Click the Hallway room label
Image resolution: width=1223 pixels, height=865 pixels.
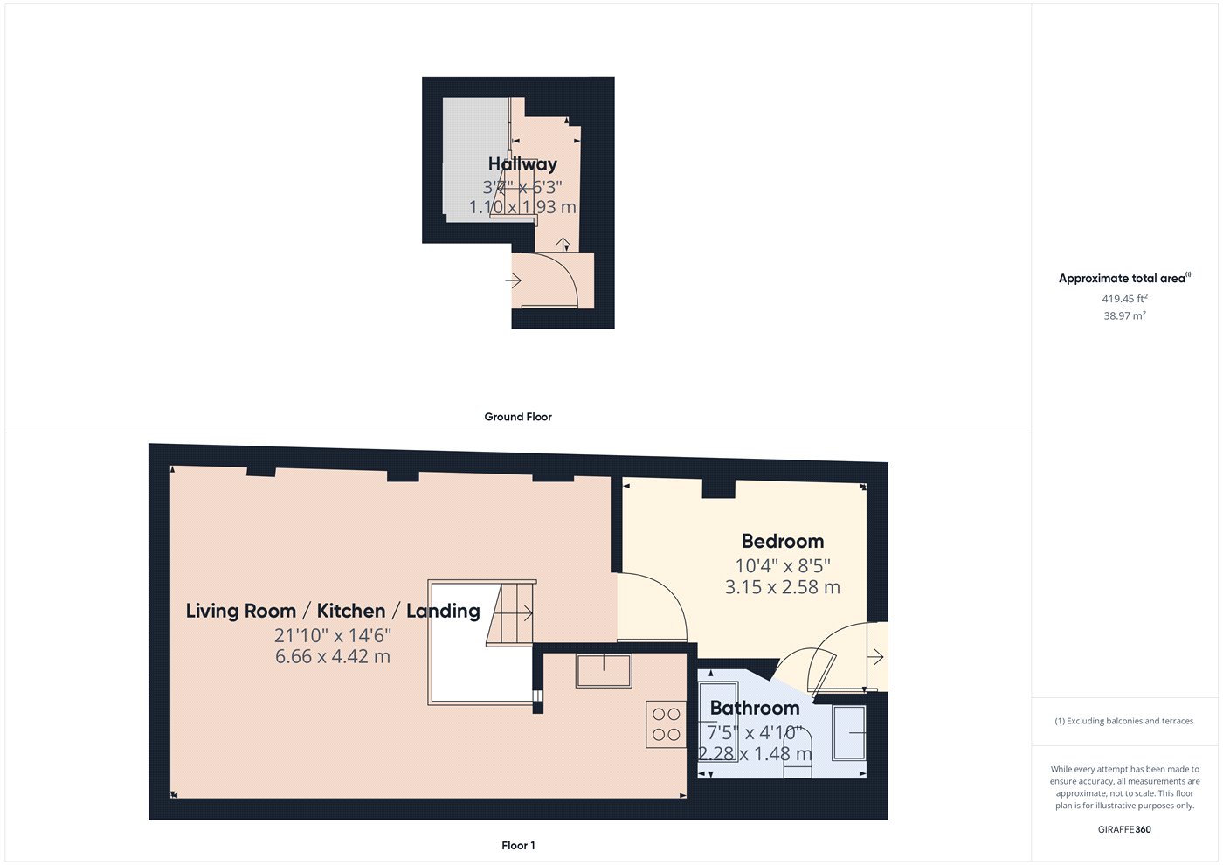click(x=522, y=164)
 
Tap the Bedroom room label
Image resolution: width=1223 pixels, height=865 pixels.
click(x=783, y=541)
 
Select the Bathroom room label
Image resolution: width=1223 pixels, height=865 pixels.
click(x=755, y=708)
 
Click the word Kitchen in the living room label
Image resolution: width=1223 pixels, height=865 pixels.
click(x=351, y=611)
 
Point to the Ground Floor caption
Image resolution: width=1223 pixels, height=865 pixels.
click(x=518, y=417)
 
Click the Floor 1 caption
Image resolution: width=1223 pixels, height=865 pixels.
click(x=518, y=846)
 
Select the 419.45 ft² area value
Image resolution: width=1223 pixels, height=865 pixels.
click(x=1124, y=298)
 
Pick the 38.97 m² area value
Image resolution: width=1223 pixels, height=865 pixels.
click(x=1124, y=315)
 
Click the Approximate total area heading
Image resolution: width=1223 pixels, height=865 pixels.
click(x=1124, y=278)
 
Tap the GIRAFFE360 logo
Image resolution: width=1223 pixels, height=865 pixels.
click(x=1124, y=829)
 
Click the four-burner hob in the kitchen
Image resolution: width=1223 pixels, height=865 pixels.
click(x=666, y=724)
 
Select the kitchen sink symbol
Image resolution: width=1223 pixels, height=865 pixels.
click(x=604, y=671)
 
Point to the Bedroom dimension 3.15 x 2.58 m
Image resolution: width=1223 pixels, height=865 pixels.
click(x=783, y=587)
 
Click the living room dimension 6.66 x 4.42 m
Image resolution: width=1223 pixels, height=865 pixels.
click(x=333, y=656)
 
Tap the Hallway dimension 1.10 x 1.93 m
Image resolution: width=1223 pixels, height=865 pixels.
click(x=522, y=207)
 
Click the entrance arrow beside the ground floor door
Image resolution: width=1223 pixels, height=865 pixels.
click(x=514, y=280)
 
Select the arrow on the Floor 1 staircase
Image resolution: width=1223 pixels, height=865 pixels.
click(x=523, y=612)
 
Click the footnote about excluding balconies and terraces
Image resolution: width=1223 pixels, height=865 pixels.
click(x=1124, y=721)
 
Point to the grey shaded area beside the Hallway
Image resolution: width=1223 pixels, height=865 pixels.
click(x=475, y=159)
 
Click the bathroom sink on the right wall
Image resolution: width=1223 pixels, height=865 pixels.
click(x=849, y=733)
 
